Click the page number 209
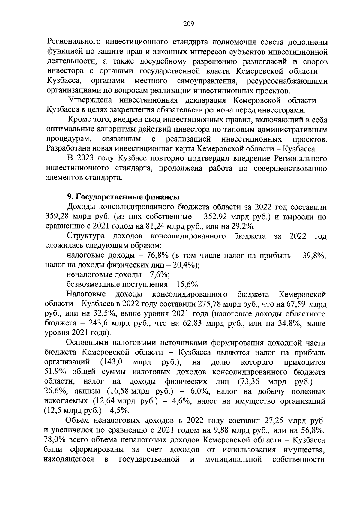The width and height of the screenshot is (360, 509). tap(189, 24)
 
